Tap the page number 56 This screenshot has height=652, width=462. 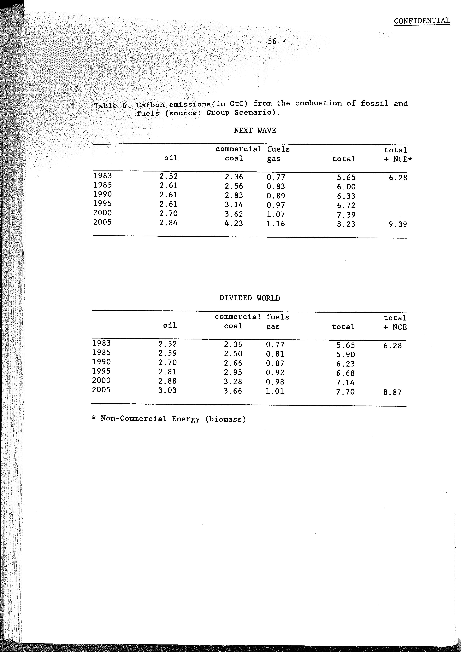272,42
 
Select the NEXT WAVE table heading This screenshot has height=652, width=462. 255,130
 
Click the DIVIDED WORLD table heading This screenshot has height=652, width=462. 250,298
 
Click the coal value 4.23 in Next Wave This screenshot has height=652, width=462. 234,223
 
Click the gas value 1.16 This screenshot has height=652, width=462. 276,224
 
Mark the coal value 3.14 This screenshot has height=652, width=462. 234,205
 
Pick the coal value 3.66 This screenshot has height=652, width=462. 233,391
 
